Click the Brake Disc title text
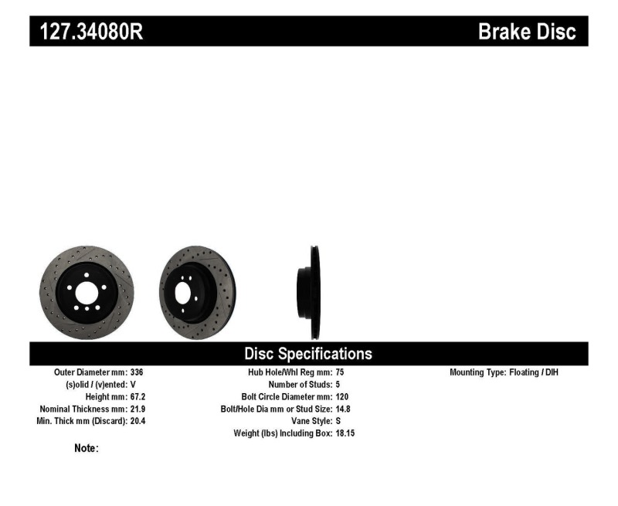[x=527, y=32]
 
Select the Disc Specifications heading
[x=308, y=354]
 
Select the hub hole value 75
[x=340, y=372]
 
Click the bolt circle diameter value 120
[x=343, y=396]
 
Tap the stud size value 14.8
[x=344, y=409]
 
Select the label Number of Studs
[x=300, y=384]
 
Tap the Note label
[x=86, y=448]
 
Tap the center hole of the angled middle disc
[x=184, y=293]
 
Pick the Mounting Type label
[x=477, y=372]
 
